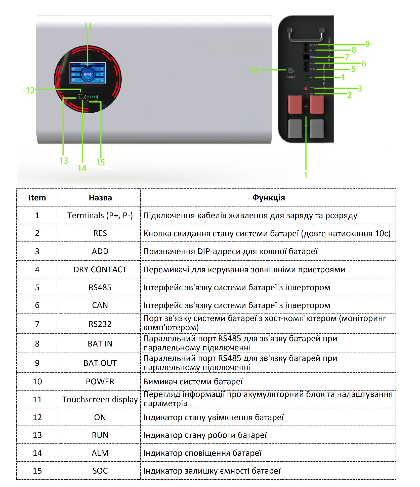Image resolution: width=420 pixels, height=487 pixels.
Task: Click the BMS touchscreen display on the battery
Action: (88, 73)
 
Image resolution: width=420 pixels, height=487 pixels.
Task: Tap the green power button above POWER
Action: (291, 70)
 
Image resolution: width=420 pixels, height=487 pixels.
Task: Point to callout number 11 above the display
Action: (88, 26)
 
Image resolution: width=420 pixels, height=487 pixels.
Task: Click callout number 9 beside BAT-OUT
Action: (367, 44)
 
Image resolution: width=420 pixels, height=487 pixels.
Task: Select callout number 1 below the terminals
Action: (306, 175)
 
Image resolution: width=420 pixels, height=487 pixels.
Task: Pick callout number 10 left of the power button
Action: (253, 70)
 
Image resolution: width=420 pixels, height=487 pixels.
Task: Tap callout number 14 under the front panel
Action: (82, 168)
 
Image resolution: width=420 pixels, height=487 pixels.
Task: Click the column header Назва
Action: (100, 198)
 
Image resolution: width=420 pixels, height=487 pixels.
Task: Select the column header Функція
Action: (268, 198)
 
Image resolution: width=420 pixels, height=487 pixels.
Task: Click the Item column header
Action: (37, 198)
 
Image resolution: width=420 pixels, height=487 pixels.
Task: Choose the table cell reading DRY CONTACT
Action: (100, 269)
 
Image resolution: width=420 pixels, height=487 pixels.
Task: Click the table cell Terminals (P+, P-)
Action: (100, 215)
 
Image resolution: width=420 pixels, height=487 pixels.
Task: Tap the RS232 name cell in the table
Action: (100, 324)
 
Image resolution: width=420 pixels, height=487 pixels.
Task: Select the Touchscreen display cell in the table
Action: (100, 399)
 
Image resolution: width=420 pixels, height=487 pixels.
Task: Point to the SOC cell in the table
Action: (100, 471)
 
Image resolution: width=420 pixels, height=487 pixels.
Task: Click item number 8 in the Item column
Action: (37, 343)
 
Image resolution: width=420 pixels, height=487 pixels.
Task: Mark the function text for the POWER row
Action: (193, 381)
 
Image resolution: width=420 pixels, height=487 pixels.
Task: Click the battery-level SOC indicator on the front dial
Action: (91, 97)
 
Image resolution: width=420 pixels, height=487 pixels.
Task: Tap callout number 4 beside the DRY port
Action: (342, 77)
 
